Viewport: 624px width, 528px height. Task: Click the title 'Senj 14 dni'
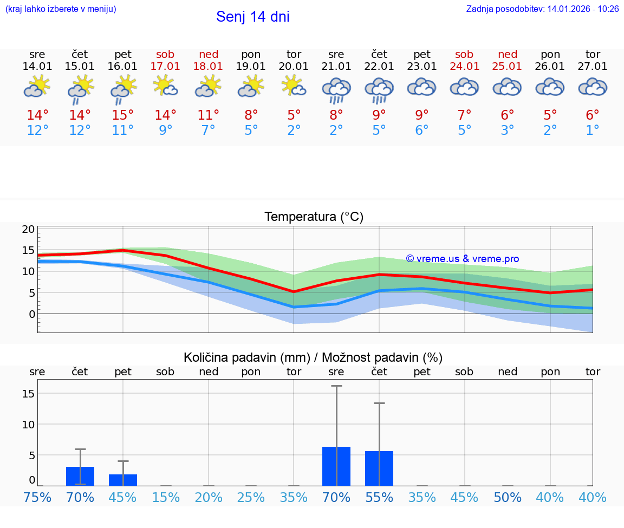pyautogui.click(x=252, y=17)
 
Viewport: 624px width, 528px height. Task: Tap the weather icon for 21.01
pyautogui.click(x=336, y=90)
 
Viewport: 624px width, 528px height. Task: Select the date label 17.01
pyautogui.click(x=165, y=67)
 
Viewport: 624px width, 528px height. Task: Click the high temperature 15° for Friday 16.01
pyautogui.click(x=123, y=115)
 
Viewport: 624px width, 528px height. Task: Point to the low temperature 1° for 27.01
pyautogui.click(x=593, y=131)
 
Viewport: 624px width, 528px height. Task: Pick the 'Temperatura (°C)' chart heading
pyautogui.click(x=314, y=217)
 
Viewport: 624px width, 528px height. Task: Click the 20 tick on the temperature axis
pyautogui.click(x=28, y=229)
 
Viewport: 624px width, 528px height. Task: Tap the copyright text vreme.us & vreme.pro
pyautogui.click(x=462, y=259)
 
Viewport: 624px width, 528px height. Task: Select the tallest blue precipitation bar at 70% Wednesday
pyautogui.click(x=336, y=466)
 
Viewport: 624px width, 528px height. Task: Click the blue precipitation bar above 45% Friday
pyautogui.click(x=123, y=480)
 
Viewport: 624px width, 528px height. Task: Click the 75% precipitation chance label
pyautogui.click(x=37, y=497)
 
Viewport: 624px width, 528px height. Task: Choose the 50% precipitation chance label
pyautogui.click(x=508, y=497)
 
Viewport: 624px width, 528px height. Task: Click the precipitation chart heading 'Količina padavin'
pyautogui.click(x=313, y=357)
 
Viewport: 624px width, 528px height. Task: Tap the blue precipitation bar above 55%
pyautogui.click(x=379, y=468)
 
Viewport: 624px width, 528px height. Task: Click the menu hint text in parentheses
pyautogui.click(x=61, y=9)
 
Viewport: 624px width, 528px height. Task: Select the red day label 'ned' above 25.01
pyautogui.click(x=508, y=54)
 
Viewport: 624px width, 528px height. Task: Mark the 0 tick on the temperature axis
pyautogui.click(x=32, y=314)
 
